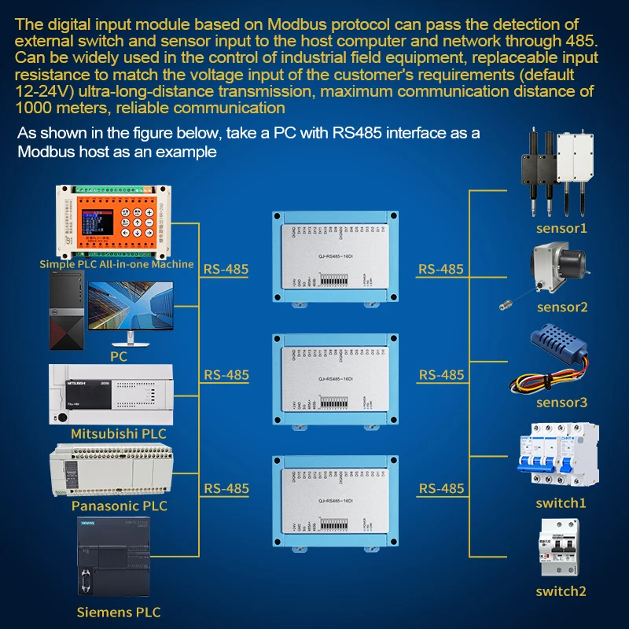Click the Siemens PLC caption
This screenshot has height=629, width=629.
(119, 611)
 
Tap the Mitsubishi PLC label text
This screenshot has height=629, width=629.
(119, 433)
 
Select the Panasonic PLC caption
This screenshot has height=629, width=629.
(120, 506)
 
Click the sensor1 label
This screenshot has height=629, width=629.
(561, 229)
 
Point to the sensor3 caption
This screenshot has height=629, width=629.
(561, 403)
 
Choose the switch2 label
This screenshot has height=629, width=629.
(561, 591)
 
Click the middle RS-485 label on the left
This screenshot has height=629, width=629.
(226, 375)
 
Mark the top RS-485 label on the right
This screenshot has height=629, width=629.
(441, 269)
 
